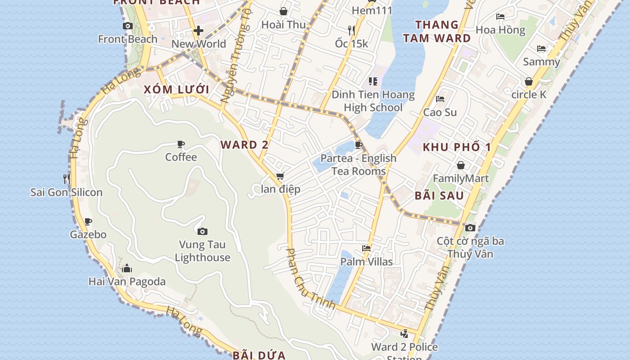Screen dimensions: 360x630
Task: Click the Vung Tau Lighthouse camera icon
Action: (x=202, y=231)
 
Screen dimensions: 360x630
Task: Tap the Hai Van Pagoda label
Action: (x=127, y=282)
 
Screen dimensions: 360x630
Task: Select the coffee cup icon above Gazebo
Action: (x=88, y=221)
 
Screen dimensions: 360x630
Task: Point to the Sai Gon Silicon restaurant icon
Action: (x=67, y=179)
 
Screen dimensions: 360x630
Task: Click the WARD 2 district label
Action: (x=244, y=145)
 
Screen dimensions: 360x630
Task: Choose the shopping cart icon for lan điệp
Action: (x=280, y=176)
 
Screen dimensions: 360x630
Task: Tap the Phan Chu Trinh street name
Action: (x=310, y=279)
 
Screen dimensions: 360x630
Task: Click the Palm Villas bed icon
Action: (x=366, y=248)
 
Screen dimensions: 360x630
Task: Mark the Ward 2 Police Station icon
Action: (x=404, y=333)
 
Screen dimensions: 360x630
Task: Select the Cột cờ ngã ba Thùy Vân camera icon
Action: (x=470, y=228)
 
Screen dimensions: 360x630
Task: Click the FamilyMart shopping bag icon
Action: (x=460, y=165)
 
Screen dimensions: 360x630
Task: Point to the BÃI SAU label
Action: (x=439, y=196)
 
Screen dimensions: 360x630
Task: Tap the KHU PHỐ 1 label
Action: (x=457, y=147)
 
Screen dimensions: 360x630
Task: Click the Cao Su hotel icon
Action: (x=440, y=99)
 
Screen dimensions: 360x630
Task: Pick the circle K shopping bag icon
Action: (x=529, y=81)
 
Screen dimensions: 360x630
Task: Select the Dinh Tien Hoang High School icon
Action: (x=373, y=81)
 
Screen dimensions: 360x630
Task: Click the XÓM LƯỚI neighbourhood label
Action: (x=177, y=89)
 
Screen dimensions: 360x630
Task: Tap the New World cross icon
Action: (x=198, y=31)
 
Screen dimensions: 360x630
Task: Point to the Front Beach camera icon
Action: (x=128, y=26)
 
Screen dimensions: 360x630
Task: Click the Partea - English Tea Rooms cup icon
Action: (x=359, y=145)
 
